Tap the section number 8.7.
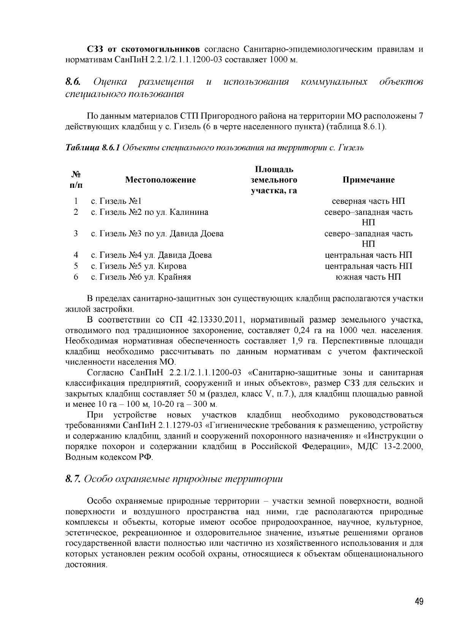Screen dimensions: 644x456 click(73, 479)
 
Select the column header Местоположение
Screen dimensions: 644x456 click(160, 180)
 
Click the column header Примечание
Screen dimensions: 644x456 click(368, 180)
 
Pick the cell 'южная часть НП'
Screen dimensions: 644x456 click(368, 277)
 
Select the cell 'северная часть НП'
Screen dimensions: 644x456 click(368, 201)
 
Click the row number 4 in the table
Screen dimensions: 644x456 click(76, 255)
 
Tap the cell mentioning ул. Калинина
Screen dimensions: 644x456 click(150, 212)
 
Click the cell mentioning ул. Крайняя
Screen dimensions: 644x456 click(141, 277)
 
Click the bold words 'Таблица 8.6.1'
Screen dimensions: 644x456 click(93, 148)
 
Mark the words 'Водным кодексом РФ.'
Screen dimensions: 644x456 click(109, 457)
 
